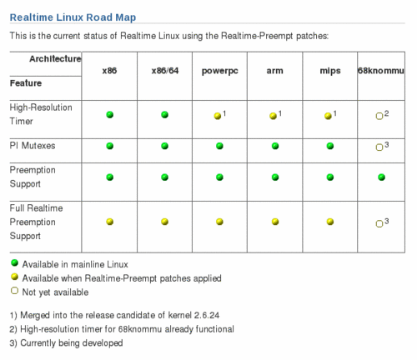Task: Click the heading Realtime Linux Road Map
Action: (x=73, y=17)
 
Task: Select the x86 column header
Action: (x=109, y=71)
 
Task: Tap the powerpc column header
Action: (x=219, y=71)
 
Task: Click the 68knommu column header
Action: (x=380, y=71)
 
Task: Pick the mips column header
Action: (x=330, y=71)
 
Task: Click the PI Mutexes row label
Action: (x=33, y=146)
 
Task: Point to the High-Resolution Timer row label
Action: (x=41, y=114)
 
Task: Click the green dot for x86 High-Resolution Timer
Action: (x=110, y=114)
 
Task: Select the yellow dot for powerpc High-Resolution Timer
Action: (x=218, y=116)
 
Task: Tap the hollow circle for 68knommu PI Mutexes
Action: (x=379, y=147)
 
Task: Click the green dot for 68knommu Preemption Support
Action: (x=381, y=177)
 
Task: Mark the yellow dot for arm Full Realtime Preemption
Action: (x=275, y=222)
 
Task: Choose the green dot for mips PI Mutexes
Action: (x=330, y=146)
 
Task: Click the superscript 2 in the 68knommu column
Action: (x=386, y=113)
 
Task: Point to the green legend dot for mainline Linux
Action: (x=14, y=262)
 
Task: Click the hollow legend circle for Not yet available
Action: (x=14, y=291)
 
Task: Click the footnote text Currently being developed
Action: (x=72, y=343)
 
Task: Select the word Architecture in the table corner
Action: (x=55, y=59)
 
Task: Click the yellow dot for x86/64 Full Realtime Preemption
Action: (x=164, y=222)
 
